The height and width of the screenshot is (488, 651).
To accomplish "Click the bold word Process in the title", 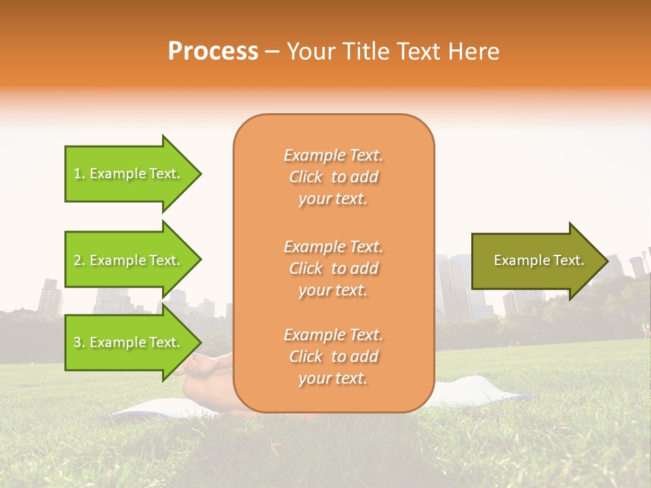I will pos(213,52).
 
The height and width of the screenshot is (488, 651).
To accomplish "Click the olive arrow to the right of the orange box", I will pos(536,260).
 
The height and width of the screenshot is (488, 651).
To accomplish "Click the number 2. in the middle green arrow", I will pos(79,260).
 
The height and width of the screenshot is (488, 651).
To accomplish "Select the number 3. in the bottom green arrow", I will pos(79,342).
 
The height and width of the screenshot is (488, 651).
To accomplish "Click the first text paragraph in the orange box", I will pos(333,177).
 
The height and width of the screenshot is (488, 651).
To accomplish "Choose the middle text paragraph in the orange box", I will pos(333,268).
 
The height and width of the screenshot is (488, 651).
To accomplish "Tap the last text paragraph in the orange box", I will pos(333,357).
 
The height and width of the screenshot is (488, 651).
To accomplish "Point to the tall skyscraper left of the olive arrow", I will pos(453,285).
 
